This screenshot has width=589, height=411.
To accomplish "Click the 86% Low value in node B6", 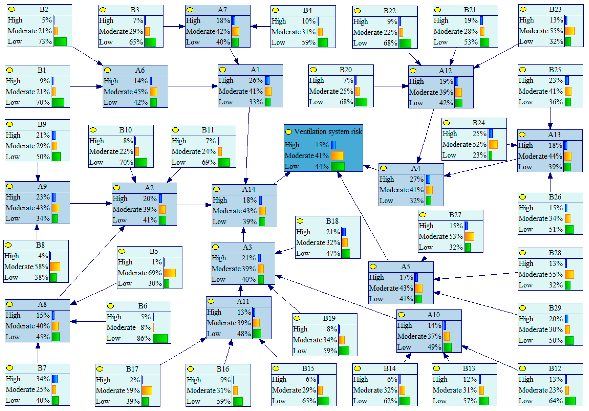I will click(144, 338).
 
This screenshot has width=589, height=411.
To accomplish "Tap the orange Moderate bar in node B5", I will click(170, 273).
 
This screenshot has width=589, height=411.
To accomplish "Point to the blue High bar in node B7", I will click(55, 379).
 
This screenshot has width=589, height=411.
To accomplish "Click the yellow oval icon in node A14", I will click(216, 189).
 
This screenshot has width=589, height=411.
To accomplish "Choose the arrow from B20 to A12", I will click(391, 86).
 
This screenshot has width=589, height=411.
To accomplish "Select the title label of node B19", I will click(329, 318).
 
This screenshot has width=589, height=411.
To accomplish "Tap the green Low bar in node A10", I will click(447, 347).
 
